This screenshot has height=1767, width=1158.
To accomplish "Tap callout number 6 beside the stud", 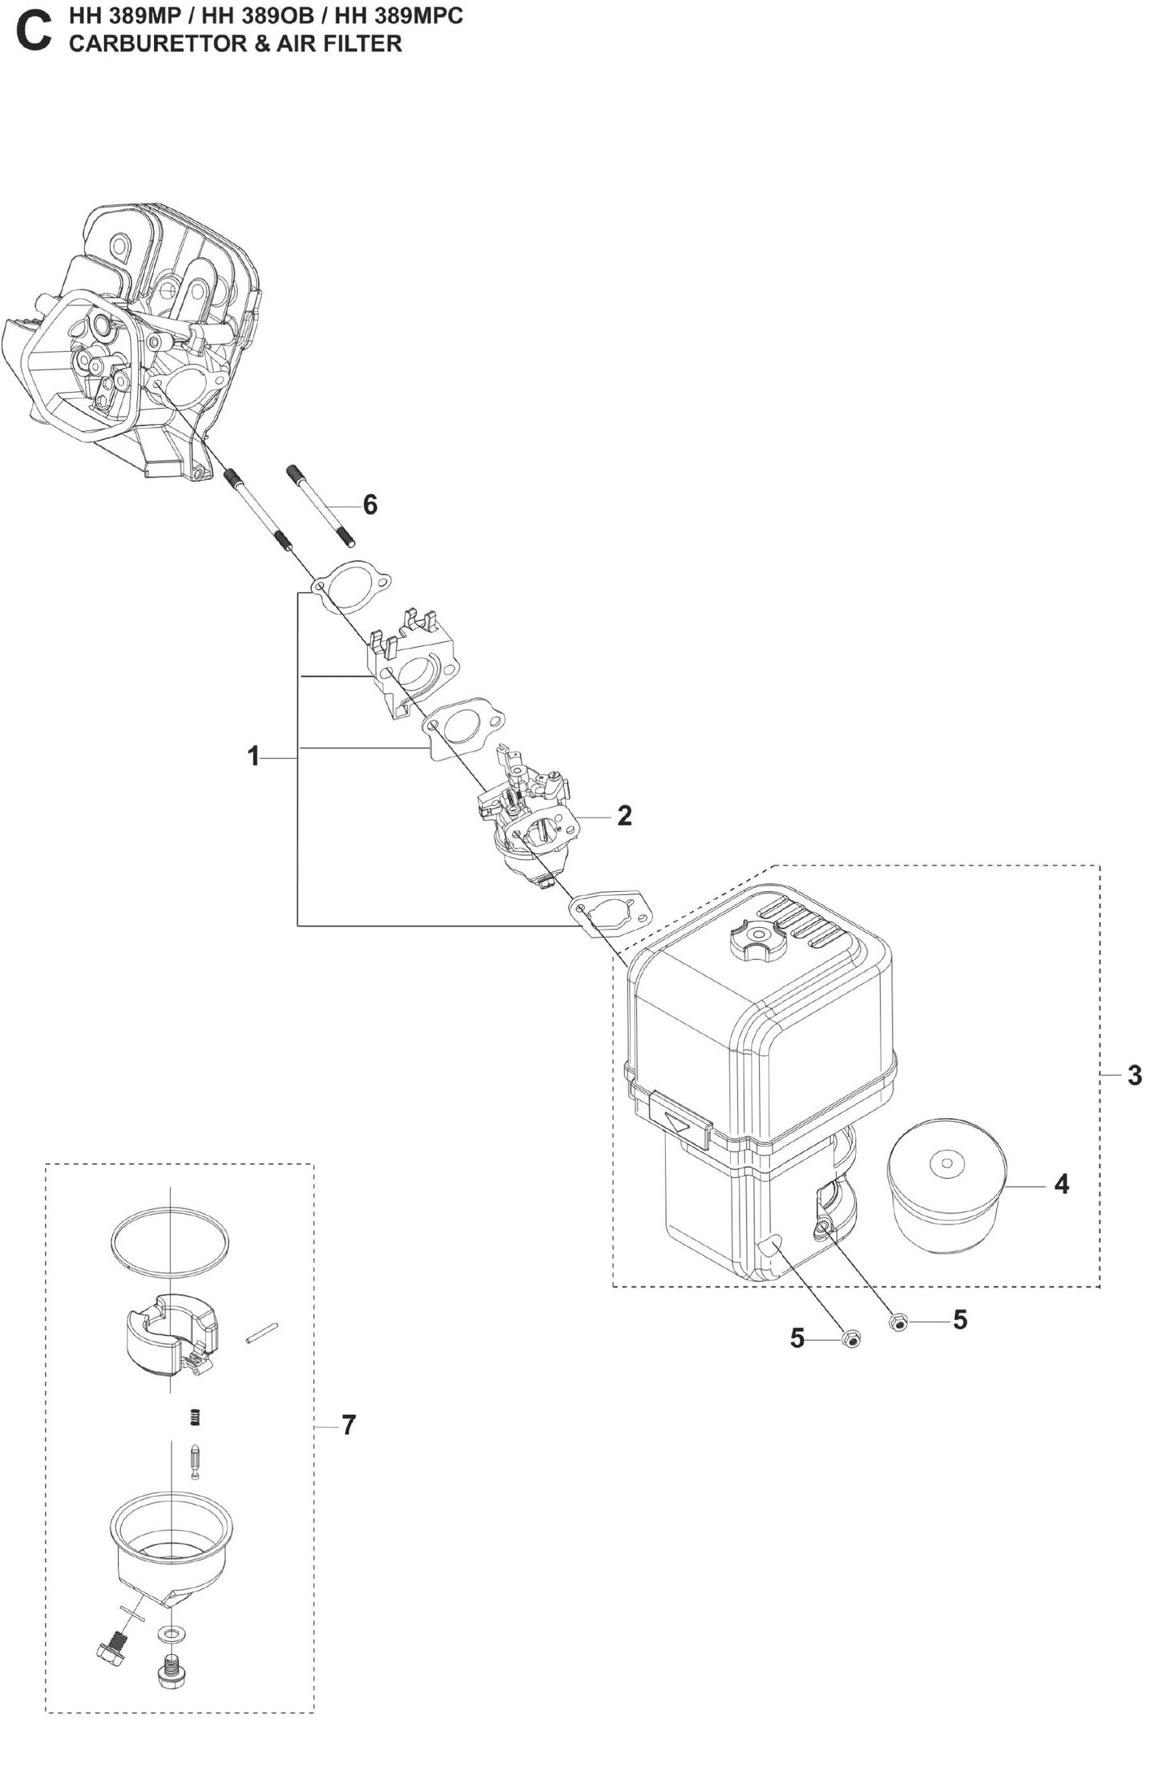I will point(369,505).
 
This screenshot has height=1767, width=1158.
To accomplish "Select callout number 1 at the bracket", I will point(253,756).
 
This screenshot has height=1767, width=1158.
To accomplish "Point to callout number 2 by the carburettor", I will point(624,816).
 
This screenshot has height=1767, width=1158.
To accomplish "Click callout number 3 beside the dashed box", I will point(1134,1075).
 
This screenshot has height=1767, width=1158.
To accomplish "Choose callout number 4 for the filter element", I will point(1062,1184).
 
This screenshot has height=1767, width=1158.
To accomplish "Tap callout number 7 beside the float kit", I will point(348,1426).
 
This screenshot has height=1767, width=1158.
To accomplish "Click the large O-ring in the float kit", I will point(170,1241).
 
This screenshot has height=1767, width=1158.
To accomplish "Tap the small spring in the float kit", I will point(193,1418).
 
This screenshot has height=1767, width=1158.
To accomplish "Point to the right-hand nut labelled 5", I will point(898,1324).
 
